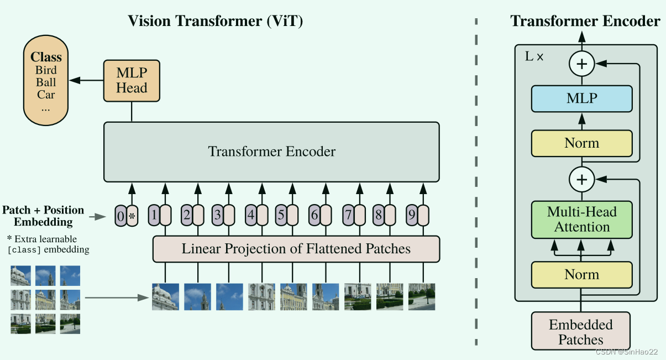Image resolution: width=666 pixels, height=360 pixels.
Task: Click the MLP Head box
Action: pos(132,81)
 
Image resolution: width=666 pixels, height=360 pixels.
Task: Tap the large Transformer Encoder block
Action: pos(271,152)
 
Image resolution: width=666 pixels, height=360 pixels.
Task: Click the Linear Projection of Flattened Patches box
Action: pos(296,249)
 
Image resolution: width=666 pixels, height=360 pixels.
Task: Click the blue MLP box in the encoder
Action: pos(581,99)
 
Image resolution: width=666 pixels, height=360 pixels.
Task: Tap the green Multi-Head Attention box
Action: pos(581,220)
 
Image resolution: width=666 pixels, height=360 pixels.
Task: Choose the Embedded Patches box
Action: pos(581,332)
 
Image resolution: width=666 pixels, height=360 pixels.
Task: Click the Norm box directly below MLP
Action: pos(581,144)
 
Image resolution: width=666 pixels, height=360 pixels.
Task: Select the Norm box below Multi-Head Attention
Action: pos(581,275)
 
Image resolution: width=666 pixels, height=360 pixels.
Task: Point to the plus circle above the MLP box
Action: pos(581,64)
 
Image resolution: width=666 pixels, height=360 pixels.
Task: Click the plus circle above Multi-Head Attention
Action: pos(581,179)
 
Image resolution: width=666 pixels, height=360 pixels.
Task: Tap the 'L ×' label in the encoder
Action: pos(533,56)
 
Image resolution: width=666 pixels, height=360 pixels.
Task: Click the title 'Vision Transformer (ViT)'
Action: pos(216,21)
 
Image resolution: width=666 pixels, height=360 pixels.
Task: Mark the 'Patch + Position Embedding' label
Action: pos(43,216)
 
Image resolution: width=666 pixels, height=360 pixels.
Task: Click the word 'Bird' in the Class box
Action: pos(46,70)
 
